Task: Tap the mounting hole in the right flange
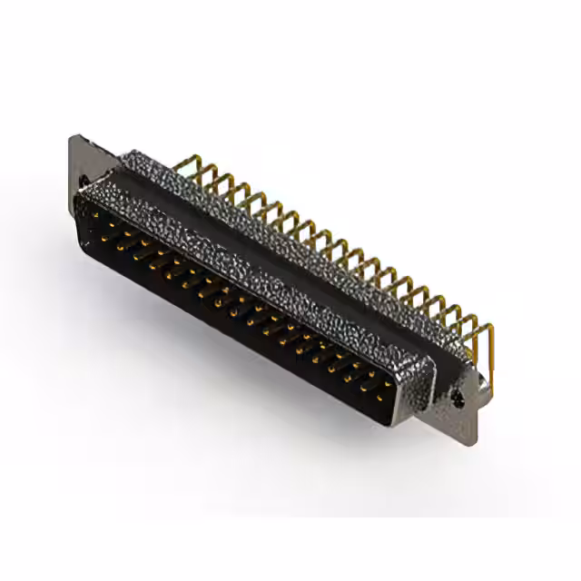coord(457,396)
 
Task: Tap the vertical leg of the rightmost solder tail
coord(490,359)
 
